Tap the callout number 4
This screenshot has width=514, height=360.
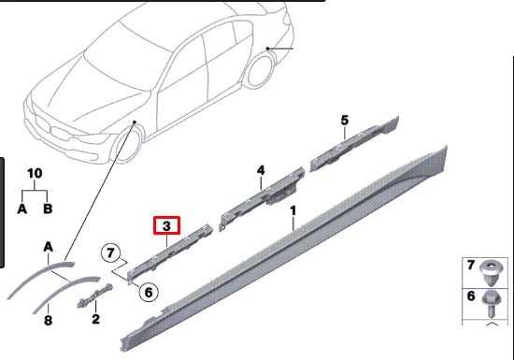pos(262,170)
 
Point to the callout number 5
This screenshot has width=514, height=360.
pos(344,120)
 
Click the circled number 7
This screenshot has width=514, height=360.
pos(111,252)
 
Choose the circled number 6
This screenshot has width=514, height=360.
pos(148,292)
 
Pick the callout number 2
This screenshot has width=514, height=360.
pos(95,319)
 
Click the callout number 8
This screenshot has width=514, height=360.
pos(48,319)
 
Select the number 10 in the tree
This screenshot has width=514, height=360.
pos(35,173)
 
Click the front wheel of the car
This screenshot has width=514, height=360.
pos(130,150)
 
